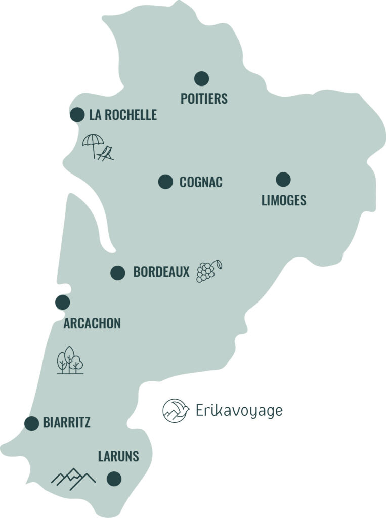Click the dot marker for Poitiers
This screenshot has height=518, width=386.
[201, 78]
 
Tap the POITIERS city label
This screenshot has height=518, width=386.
[204, 98]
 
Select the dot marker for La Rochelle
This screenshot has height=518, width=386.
[77, 115]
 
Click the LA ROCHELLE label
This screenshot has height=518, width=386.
[123, 115]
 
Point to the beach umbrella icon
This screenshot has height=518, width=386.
[93, 144]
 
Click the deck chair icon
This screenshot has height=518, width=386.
[106, 153]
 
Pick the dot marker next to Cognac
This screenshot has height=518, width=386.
[165, 182]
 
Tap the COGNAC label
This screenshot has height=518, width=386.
[201, 182]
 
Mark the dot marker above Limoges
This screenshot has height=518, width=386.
[283, 179]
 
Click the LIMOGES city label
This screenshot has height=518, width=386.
[284, 200]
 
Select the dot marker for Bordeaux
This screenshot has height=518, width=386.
[118, 273]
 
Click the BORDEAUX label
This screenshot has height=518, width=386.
[161, 272]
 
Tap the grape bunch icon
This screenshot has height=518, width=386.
[207, 271]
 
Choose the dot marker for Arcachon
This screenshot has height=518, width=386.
[63, 303]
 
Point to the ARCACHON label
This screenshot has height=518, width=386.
[92, 323]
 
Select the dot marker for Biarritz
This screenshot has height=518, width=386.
[32, 423]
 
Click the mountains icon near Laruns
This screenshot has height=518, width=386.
[73, 478]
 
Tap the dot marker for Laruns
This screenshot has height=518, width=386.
[114, 478]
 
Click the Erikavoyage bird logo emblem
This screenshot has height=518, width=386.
[176, 410]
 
